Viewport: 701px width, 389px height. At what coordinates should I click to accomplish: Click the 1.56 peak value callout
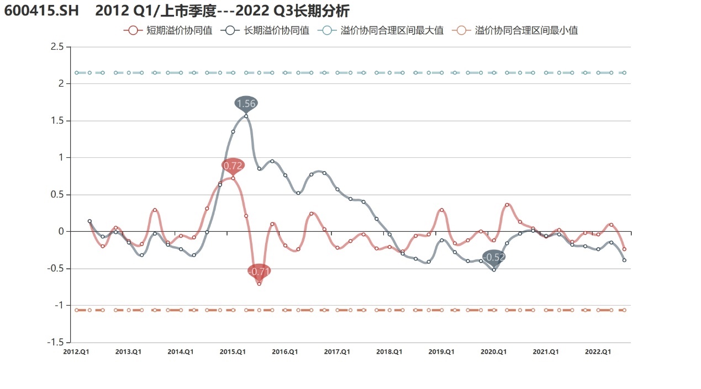tap(246, 103)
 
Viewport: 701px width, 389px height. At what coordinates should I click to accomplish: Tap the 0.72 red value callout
tap(233, 165)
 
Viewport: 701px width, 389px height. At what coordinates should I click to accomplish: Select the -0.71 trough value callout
tap(259, 271)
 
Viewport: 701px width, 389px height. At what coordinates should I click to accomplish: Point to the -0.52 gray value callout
tap(494, 257)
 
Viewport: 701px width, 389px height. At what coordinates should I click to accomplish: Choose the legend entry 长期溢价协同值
tap(265, 31)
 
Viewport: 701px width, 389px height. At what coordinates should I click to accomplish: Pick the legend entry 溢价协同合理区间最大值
tap(381, 31)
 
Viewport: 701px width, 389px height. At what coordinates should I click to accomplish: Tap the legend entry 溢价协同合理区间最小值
tap(515, 31)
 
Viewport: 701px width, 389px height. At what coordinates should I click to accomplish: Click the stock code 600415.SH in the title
tap(42, 11)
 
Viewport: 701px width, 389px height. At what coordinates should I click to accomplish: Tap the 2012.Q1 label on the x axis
tap(77, 351)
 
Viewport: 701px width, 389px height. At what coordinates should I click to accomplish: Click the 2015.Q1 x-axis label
tap(233, 351)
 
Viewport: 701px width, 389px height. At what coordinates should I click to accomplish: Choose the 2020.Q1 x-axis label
tap(494, 351)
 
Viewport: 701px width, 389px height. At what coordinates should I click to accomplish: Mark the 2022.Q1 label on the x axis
tap(598, 351)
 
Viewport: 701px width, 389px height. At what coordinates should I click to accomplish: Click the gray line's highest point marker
tap(246, 116)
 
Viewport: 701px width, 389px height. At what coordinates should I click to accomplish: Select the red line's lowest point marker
tap(259, 284)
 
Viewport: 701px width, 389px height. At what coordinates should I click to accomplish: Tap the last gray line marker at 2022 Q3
tap(624, 260)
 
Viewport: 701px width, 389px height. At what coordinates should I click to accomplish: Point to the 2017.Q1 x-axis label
tap(337, 351)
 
